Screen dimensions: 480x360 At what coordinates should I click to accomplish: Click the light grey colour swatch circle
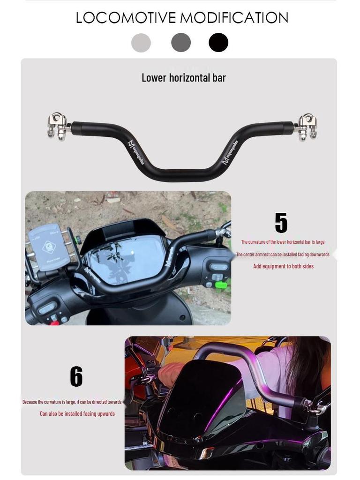[x=141, y=43]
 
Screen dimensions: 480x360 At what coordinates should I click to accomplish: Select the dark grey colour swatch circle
[x=181, y=43]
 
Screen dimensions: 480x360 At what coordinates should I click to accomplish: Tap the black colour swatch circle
[x=218, y=43]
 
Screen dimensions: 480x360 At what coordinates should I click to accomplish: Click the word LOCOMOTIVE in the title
[x=126, y=18]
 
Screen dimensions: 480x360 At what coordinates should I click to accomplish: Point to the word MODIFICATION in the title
[x=234, y=18]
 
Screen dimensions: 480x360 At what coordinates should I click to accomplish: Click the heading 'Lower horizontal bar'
[x=183, y=78]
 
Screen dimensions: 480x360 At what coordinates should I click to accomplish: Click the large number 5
[x=281, y=223]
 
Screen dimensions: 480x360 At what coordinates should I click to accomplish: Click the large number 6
[x=76, y=376]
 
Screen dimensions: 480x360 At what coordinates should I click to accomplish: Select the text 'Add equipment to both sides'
[x=283, y=266]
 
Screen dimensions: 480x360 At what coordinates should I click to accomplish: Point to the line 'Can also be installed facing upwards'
[x=77, y=413]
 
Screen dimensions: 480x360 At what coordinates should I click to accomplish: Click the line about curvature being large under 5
[x=283, y=242]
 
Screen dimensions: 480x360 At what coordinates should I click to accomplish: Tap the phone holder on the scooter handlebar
[x=48, y=247]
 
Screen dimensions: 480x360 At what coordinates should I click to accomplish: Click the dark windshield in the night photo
[x=202, y=398]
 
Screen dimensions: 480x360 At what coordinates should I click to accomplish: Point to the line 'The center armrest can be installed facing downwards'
[x=283, y=255]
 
